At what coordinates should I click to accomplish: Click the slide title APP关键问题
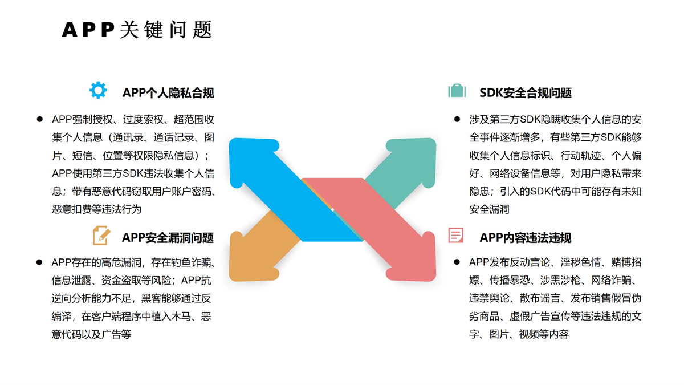pos(137,29)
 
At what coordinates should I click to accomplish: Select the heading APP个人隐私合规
pos(168,92)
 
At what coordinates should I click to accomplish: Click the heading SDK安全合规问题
pos(525,92)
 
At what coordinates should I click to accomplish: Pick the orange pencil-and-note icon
pos(101,235)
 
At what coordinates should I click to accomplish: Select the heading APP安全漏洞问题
pos(168,237)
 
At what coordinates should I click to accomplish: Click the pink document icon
pos(456,235)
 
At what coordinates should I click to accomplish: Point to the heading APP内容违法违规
pos(525,237)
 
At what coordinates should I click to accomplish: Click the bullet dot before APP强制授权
pos(40,119)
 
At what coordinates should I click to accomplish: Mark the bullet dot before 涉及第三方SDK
pos(457,119)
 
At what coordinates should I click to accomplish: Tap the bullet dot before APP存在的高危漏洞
pos(40,262)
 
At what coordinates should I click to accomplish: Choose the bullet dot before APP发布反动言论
pos(457,262)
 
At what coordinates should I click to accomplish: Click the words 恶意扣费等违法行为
pos(96,209)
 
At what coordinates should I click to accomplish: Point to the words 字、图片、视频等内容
pos(519,334)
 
